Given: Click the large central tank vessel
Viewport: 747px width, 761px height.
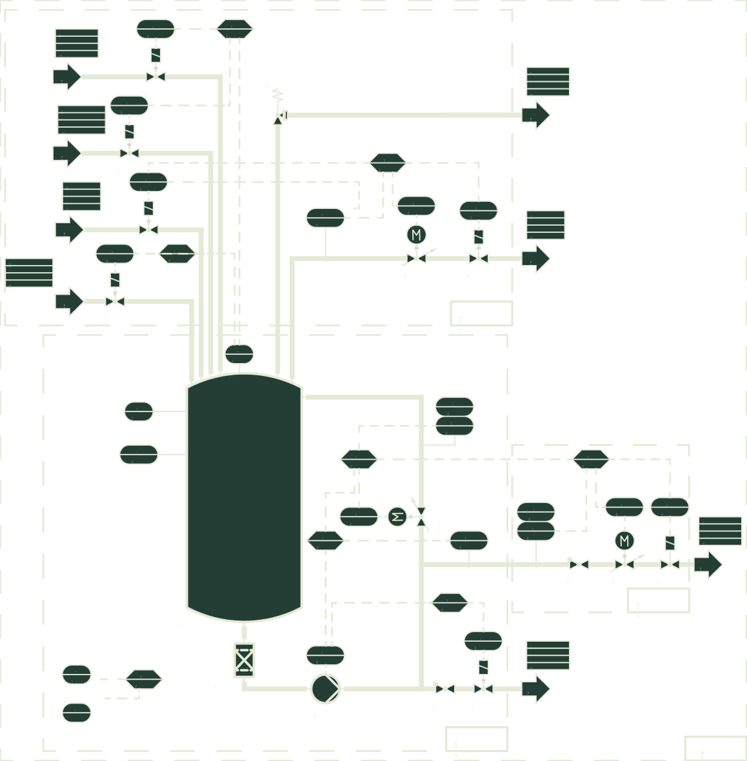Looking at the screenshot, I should tap(244, 497).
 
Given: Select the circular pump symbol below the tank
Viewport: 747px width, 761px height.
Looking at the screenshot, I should tap(325, 688).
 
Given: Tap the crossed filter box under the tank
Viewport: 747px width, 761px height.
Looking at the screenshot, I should tap(244, 660).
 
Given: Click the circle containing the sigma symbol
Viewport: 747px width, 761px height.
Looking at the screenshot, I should tap(397, 516).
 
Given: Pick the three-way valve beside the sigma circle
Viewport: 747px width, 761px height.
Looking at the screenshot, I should tap(421, 516).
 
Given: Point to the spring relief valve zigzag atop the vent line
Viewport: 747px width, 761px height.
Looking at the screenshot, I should tap(278, 95).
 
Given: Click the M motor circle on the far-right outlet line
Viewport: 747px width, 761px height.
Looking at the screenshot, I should tap(624, 540).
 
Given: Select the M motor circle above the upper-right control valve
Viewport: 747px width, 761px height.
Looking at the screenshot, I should tap(416, 234).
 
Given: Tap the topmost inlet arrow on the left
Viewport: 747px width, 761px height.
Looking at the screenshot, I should tap(66, 77).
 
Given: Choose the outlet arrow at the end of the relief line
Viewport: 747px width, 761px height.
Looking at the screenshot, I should tap(535, 115).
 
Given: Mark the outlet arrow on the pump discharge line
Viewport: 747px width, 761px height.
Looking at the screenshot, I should tap(535, 688).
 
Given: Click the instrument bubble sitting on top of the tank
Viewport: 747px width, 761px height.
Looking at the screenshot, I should tap(239, 354).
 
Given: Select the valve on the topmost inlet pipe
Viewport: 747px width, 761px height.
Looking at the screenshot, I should tap(155, 77).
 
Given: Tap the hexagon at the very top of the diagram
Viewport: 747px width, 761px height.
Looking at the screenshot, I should tap(234, 28).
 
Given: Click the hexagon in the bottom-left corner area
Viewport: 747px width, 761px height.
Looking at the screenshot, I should tap(143, 678).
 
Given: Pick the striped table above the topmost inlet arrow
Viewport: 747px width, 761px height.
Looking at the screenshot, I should tap(77, 43).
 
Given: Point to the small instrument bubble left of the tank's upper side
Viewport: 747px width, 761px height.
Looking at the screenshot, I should tap(139, 411).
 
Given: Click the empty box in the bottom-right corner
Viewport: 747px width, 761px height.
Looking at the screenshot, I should tap(715, 748).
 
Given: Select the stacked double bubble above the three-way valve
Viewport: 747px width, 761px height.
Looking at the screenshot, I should tap(454, 416).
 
